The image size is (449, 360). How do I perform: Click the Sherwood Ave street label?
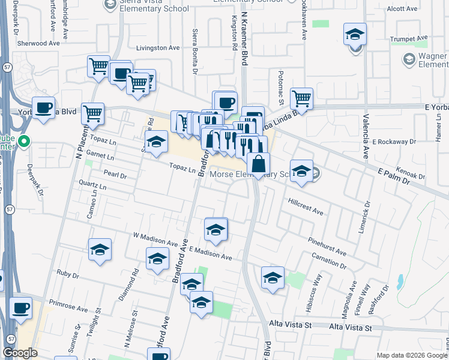tap(39, 44)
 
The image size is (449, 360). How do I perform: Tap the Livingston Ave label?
tap(158, 47)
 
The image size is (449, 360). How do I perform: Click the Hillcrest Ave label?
tap(306, 208)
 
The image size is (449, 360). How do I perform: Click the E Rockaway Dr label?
tap(394, 142)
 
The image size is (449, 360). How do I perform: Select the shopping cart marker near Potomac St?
tap(301, 98)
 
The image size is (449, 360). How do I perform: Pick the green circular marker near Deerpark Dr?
tap(24, 142)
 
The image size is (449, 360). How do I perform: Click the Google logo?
tap(20, 353)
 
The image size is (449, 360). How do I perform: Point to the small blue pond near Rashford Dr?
tap(400, 280)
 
